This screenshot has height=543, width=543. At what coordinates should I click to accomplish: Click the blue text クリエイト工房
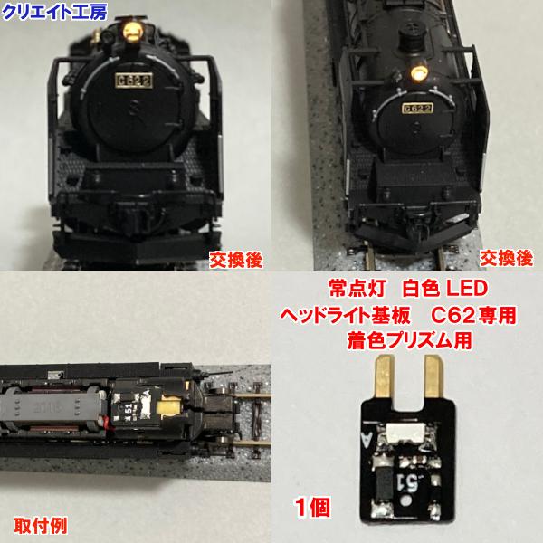[43, 11]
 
